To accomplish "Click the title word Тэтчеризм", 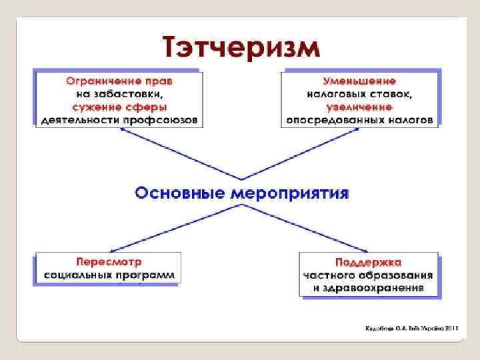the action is (x=241, y=47).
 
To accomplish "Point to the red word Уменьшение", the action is (x=360, y=82).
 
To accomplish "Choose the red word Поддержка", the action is (x=368, y=262).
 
